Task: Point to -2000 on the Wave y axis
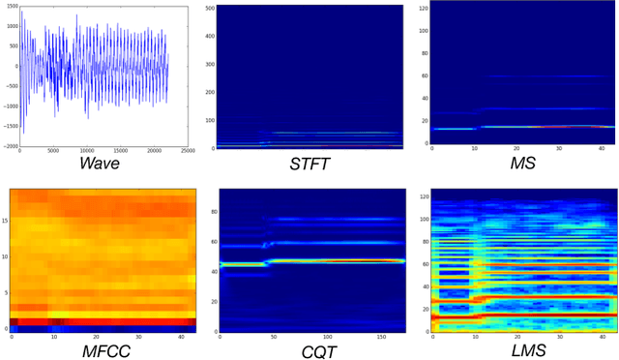(10, 146)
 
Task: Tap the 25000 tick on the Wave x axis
(189, 152)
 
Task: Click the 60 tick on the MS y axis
(424, 75)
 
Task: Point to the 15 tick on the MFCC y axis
(5, 221)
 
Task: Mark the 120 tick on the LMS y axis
(423, 195)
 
